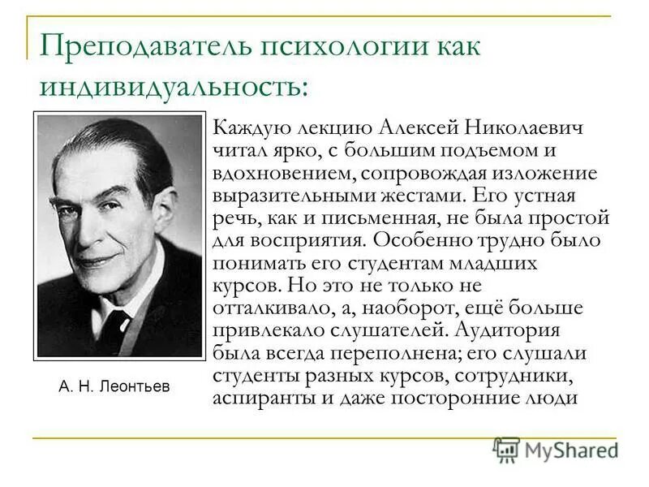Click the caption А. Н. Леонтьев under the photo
[x=114, y=386]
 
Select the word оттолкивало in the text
[x=264, y=308]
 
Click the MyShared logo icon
[x=506, y=449]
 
